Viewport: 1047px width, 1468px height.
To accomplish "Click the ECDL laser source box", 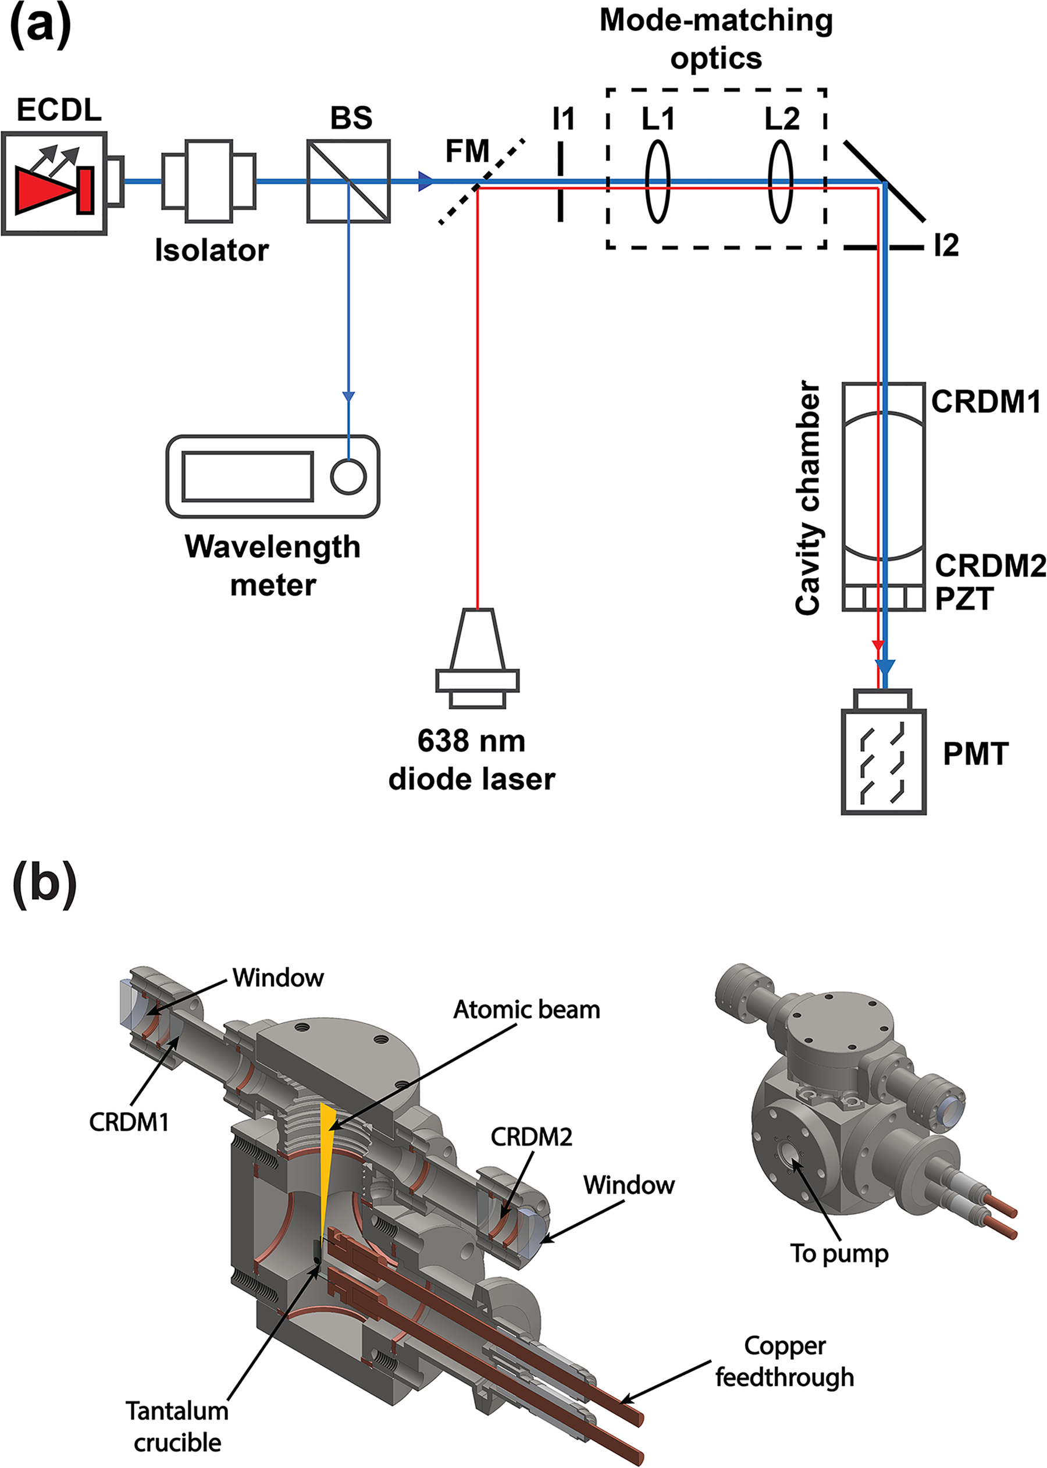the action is pos(54,183).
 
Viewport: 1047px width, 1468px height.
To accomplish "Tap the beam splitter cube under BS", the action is pos(349,181).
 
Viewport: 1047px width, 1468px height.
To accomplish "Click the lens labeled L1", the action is pos(658,182).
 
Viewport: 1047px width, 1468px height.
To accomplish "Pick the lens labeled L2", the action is pos(781,182).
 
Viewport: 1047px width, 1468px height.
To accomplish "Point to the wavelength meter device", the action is pos(273,476).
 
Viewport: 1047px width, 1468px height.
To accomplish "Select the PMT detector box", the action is pos(884,751).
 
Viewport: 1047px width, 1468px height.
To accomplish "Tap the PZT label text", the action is pos(964,598).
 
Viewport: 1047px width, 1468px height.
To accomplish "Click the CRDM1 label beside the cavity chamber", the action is pos(986,402).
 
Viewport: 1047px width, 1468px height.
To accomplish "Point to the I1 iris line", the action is pos(560,182).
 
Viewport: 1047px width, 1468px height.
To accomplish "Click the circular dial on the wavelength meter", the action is pos(348,476).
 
